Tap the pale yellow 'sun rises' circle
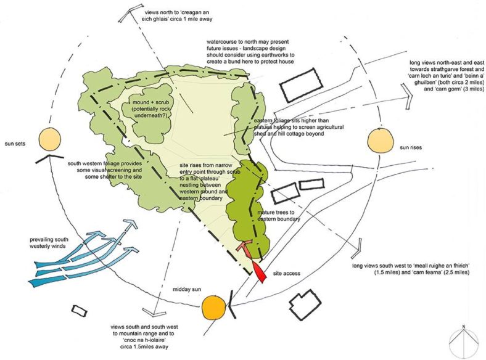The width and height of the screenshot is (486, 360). (381, 139)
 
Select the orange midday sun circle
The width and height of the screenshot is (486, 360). (212, 306)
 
